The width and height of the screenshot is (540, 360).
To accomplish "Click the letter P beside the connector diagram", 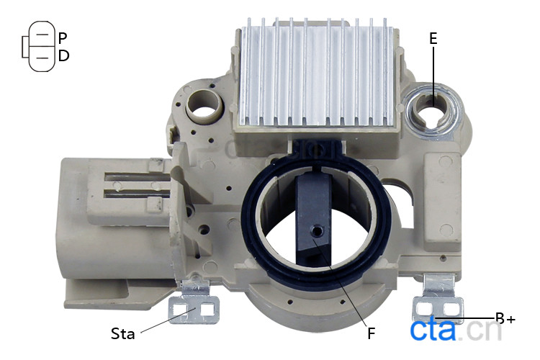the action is pyautogui.click(x=63, y=38).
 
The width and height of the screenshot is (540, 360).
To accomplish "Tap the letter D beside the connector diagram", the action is pyautogui.click(x=63, y=55).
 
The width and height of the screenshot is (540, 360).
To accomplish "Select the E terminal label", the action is pyautogui.click(x=433, y=38).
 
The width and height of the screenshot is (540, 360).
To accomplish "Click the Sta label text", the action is pyautogui.click(x=122, y=333).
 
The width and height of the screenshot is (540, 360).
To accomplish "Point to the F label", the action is pyautogui.click(x=371, y=333).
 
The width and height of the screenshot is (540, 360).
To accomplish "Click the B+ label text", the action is pyautogui.click(x=505, y=318).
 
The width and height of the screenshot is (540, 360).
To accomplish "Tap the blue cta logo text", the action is pyautogui.click(x=433, y=330).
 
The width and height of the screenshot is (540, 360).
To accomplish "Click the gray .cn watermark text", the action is pyautogui.click(x=480, y=330).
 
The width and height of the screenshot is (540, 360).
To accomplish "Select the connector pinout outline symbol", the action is pyautogui.click(x=38, y=46).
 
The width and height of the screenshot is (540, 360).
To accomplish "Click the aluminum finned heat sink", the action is pyautogui.click(x=317, y=72).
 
